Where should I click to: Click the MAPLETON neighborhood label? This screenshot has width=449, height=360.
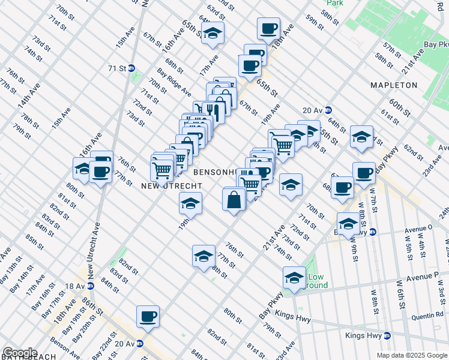pos(394,85)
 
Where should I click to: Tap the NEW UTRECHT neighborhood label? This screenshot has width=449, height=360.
pos(171,186)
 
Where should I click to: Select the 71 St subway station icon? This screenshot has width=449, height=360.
pos(131,68)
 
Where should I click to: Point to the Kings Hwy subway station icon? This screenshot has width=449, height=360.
pos(388,335)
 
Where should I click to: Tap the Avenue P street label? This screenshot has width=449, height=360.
pos(427,277)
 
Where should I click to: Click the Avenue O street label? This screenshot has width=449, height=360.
pos(418,228)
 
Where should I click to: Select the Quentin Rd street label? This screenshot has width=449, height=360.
pos(427,314)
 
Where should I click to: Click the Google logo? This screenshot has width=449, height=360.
pos(20,353)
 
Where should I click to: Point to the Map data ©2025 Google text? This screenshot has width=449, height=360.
pos(412,355)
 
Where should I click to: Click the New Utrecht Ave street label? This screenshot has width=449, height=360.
pos(97,250)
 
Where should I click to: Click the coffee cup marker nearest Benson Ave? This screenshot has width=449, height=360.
pos(148,316)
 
